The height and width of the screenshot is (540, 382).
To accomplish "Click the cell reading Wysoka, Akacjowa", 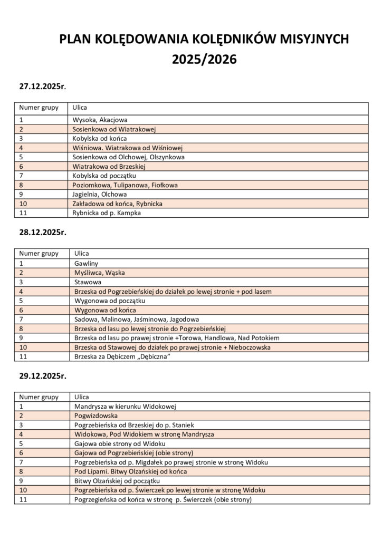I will [x=100, y=120].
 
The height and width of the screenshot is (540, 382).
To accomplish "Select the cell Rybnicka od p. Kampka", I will [x=107, y=213].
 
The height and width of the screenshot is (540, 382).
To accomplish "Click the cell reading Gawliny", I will [x=86, y=263].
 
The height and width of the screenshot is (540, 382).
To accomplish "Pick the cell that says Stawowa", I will [x=88, y=282].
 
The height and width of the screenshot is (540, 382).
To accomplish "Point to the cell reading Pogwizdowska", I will [x=96, y=416].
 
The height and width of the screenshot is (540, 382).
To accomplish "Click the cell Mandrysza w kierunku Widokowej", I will [x=125, y=407].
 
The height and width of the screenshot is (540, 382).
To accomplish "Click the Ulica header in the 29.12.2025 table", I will [x=81, y=397].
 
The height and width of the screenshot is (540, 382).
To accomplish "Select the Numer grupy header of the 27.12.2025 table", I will [x=39, y=108].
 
